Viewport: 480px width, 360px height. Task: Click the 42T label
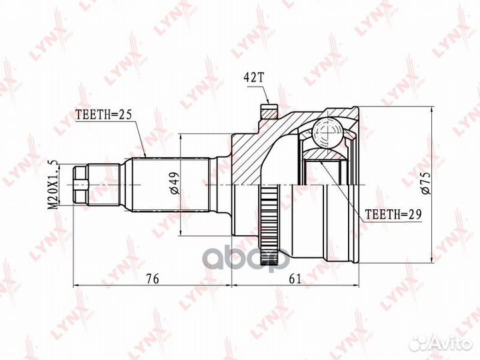click(253, 77)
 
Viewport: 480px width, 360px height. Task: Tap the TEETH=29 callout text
click(393, 214)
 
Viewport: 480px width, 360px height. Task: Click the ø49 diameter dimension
click(175, 183)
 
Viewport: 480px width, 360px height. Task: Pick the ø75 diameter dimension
click(427, 183)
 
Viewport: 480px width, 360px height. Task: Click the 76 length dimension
click(153, 279)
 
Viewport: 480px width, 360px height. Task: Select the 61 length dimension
click(295, 279)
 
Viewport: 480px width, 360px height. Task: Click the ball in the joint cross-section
click(328, 133)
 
